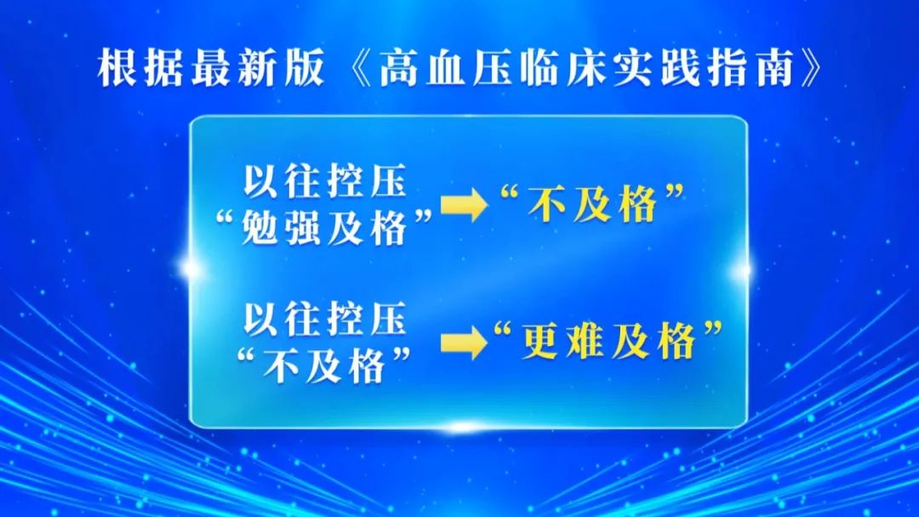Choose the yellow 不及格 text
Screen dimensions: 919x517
(x=592, y=204)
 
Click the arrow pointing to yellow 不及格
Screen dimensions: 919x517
(x=464, y=205)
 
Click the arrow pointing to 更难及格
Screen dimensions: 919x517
(x=464, y=343)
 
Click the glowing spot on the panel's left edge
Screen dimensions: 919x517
(x=191, y=269)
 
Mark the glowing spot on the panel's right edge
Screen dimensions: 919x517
(x=743, y=270)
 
